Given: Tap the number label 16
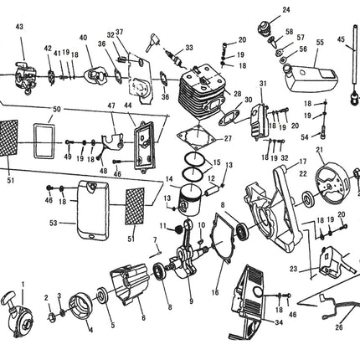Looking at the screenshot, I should (216, 293).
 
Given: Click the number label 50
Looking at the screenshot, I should (56, 110).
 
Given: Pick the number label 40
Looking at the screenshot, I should (83, 38).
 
